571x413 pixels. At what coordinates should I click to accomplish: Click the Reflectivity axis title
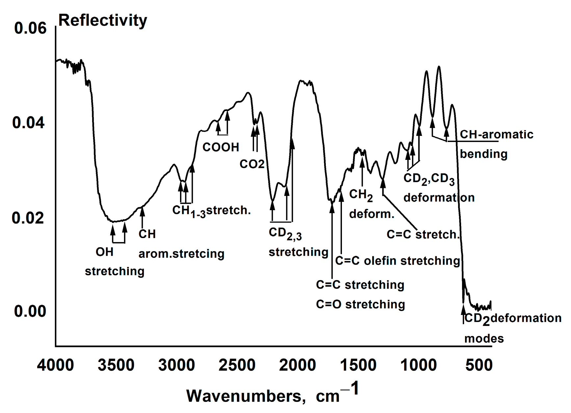102,20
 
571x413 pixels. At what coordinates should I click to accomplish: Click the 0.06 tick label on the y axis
30,28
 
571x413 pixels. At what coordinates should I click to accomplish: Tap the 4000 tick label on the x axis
55,365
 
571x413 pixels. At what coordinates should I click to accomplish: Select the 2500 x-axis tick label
237,365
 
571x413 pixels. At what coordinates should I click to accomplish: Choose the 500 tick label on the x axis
479,365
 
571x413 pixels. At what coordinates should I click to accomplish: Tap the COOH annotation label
221,147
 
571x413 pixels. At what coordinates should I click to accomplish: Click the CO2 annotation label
252,164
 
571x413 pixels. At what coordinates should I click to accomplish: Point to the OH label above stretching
104,252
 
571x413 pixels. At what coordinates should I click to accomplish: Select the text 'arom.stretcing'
181,254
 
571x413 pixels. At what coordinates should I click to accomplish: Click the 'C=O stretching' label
360,304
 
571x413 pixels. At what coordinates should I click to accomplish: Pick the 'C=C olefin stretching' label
397,260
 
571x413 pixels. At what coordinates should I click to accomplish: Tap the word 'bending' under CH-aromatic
483,154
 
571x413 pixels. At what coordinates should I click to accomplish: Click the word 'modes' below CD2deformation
484,338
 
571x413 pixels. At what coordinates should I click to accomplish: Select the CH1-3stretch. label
211,210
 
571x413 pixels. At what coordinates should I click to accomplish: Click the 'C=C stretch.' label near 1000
423,234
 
